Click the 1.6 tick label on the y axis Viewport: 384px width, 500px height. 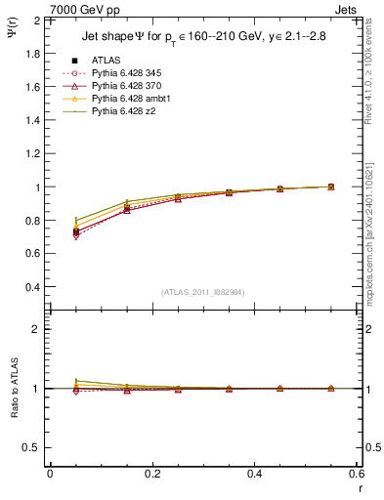coord(31,87)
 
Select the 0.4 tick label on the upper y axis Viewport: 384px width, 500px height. coord(31,287)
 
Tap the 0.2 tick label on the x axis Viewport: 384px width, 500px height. coord(151,473)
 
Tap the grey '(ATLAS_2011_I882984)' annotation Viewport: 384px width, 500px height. coord(203,292)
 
